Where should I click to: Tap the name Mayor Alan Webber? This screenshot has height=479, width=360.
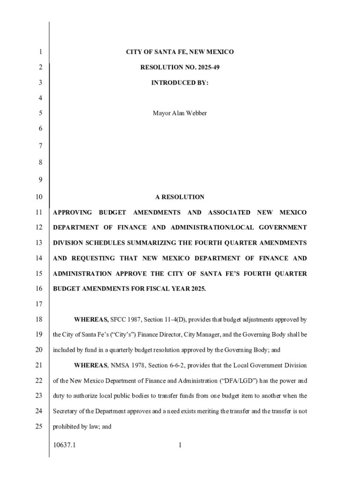point(180,113)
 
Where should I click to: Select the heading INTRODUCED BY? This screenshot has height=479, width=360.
point(180,83)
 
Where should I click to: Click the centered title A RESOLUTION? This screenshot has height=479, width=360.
point(180,197)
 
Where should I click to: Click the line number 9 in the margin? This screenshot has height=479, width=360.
point(40,178)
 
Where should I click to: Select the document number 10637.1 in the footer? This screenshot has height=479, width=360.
point(65,445)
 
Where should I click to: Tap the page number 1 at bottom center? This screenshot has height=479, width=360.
point(180,445)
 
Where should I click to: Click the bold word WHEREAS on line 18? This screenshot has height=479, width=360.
point(91,319)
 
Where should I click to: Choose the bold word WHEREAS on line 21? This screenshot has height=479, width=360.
point(91,365)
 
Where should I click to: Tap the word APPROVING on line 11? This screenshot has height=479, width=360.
point(72,212)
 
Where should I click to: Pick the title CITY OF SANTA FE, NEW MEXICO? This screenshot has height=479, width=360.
point(180,52)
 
